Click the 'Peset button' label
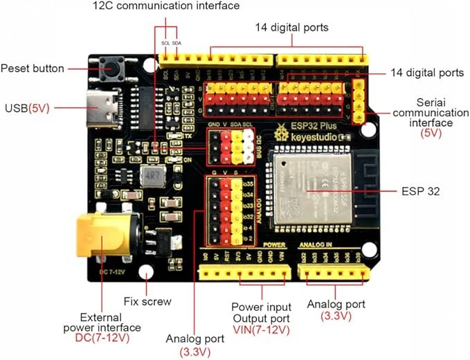(x=33, y=69)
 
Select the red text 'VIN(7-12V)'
(x=261, y=329)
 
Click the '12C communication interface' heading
(x=166, y=6)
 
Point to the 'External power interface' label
(x=102, y=321)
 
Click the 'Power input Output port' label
(x=261, y=311)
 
